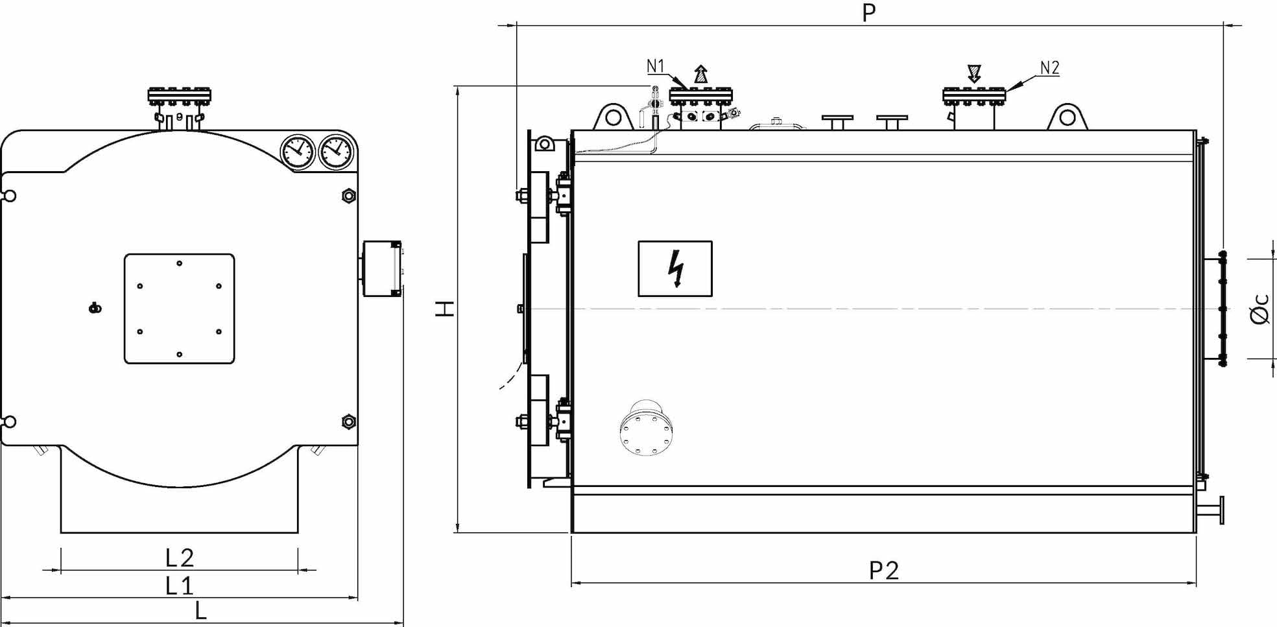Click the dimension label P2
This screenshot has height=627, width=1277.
point(884,570)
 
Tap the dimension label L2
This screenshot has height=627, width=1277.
point(180,558)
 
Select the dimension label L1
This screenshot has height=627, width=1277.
point(180,586)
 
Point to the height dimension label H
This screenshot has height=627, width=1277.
point(445,309)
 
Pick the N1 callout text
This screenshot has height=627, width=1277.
point(656,66)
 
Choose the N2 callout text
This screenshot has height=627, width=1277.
point(1049,67)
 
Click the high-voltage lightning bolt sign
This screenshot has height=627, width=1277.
point(675,268)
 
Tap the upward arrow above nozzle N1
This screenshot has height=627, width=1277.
point(700,73)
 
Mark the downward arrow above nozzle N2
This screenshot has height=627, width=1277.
point(973,73)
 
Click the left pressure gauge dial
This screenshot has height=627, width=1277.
point(298,152)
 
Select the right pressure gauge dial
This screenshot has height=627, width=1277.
point(335,152)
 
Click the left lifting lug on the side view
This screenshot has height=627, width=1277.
point(613,117)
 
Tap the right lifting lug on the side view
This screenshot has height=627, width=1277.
point(1068,117)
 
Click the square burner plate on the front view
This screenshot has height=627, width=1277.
point(180,309)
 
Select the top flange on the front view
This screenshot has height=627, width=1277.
point(180,96)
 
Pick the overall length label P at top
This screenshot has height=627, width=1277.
point(869,12)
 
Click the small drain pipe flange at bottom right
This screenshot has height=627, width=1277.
point(1221,510)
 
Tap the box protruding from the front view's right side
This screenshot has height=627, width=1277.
point(382,268)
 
